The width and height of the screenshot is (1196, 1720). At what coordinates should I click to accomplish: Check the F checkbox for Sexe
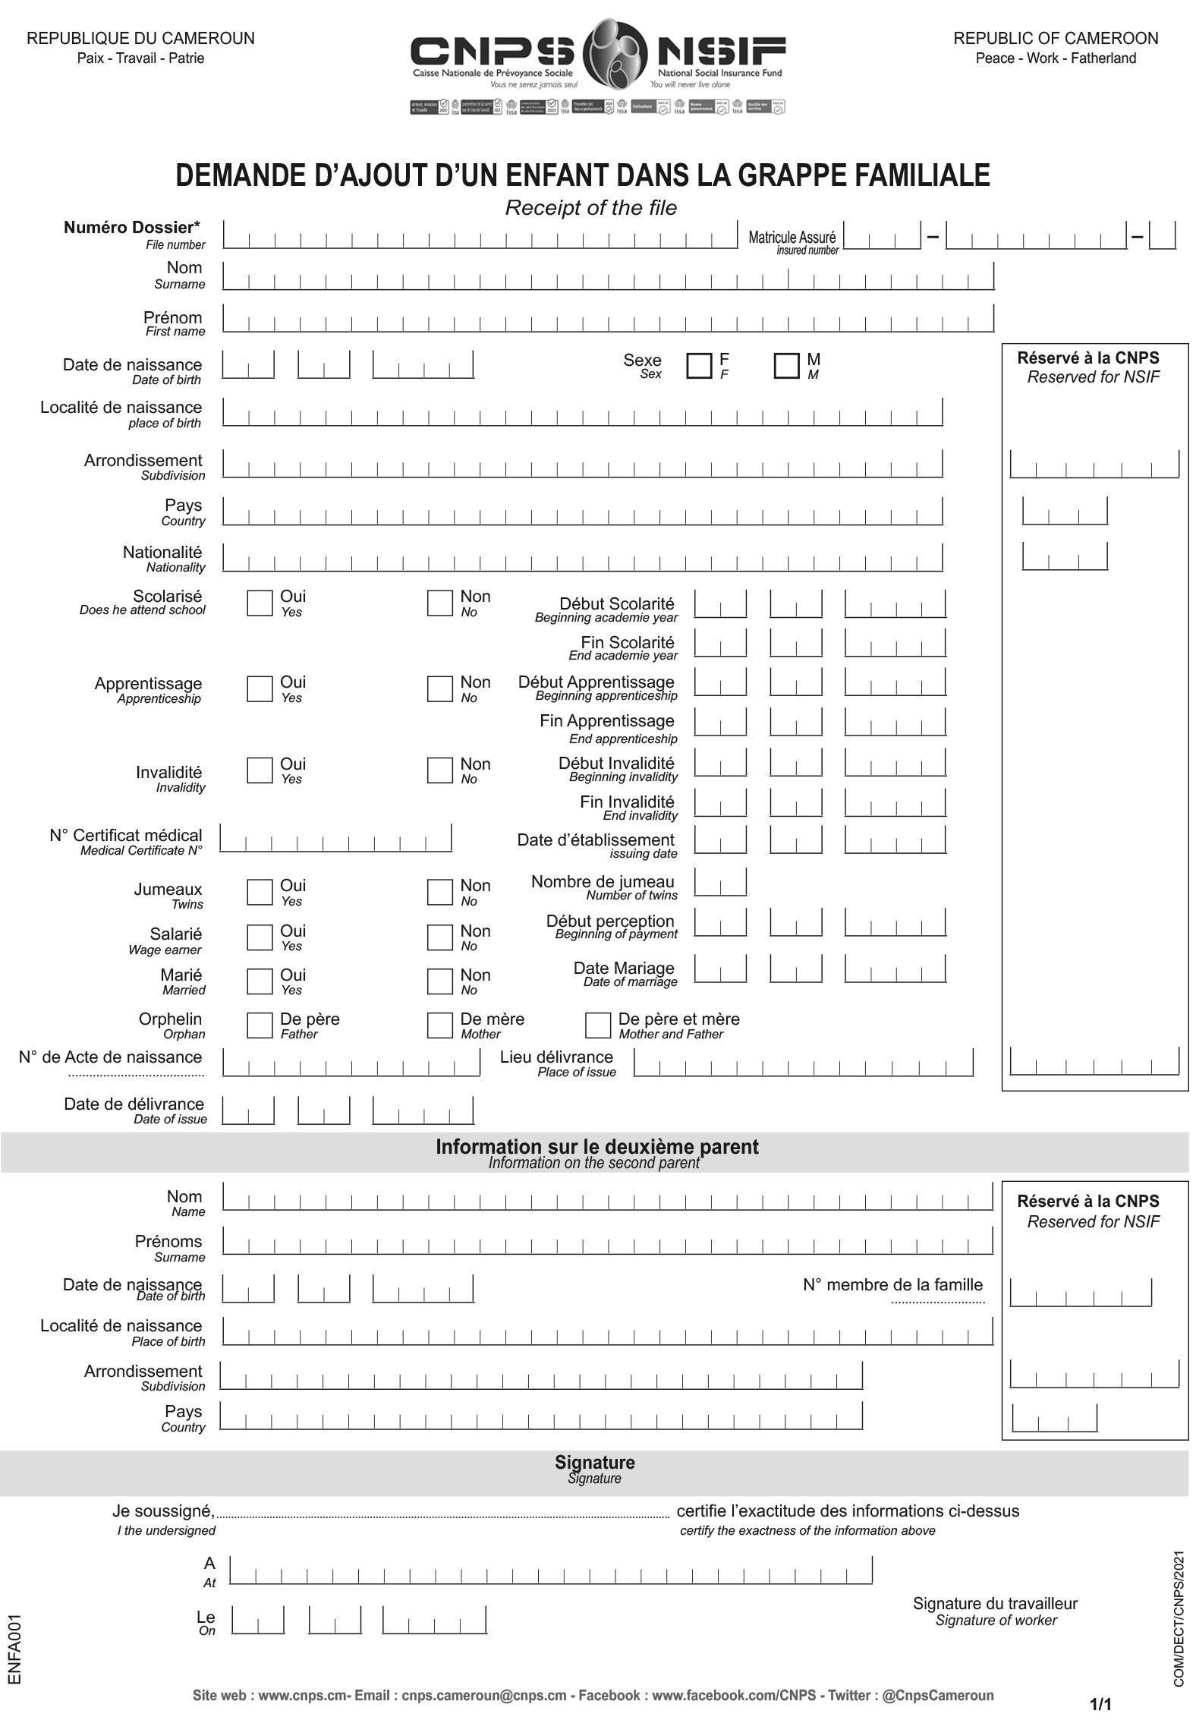(698, 366)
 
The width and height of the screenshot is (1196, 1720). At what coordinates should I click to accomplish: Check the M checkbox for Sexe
(786, 366)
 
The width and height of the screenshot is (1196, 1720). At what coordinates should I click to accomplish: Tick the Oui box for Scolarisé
(260, 603)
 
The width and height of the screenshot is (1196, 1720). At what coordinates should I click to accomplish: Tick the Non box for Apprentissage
(439, 689)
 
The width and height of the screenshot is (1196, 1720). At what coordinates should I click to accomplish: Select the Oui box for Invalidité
(260, 770)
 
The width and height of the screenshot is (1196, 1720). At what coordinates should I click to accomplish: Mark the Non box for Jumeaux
(439, 893)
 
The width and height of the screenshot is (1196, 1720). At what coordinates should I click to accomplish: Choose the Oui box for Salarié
(260, 937)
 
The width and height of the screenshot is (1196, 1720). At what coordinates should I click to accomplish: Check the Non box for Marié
(439, 981)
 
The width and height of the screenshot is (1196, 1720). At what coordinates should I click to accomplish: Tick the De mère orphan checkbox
(439, 1025)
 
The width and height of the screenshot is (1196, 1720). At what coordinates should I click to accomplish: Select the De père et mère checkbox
(597, 1025)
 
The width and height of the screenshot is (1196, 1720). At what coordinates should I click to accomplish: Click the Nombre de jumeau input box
(720, 883)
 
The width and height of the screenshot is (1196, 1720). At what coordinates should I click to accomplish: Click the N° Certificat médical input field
(335, 839)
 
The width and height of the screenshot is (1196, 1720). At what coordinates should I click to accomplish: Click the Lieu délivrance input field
(803, 1063)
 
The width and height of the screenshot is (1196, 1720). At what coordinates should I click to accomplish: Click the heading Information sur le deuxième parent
(596, 1147)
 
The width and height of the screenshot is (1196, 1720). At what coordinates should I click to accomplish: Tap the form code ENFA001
(14, 1650)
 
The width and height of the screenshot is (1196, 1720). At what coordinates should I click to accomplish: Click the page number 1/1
(1100, 1704)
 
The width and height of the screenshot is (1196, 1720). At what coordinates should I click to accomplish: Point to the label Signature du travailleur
(995, 1604)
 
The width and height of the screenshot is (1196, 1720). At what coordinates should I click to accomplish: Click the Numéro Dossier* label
(132, 228)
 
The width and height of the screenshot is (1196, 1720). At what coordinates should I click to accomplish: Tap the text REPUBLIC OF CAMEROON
(1056, 39)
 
